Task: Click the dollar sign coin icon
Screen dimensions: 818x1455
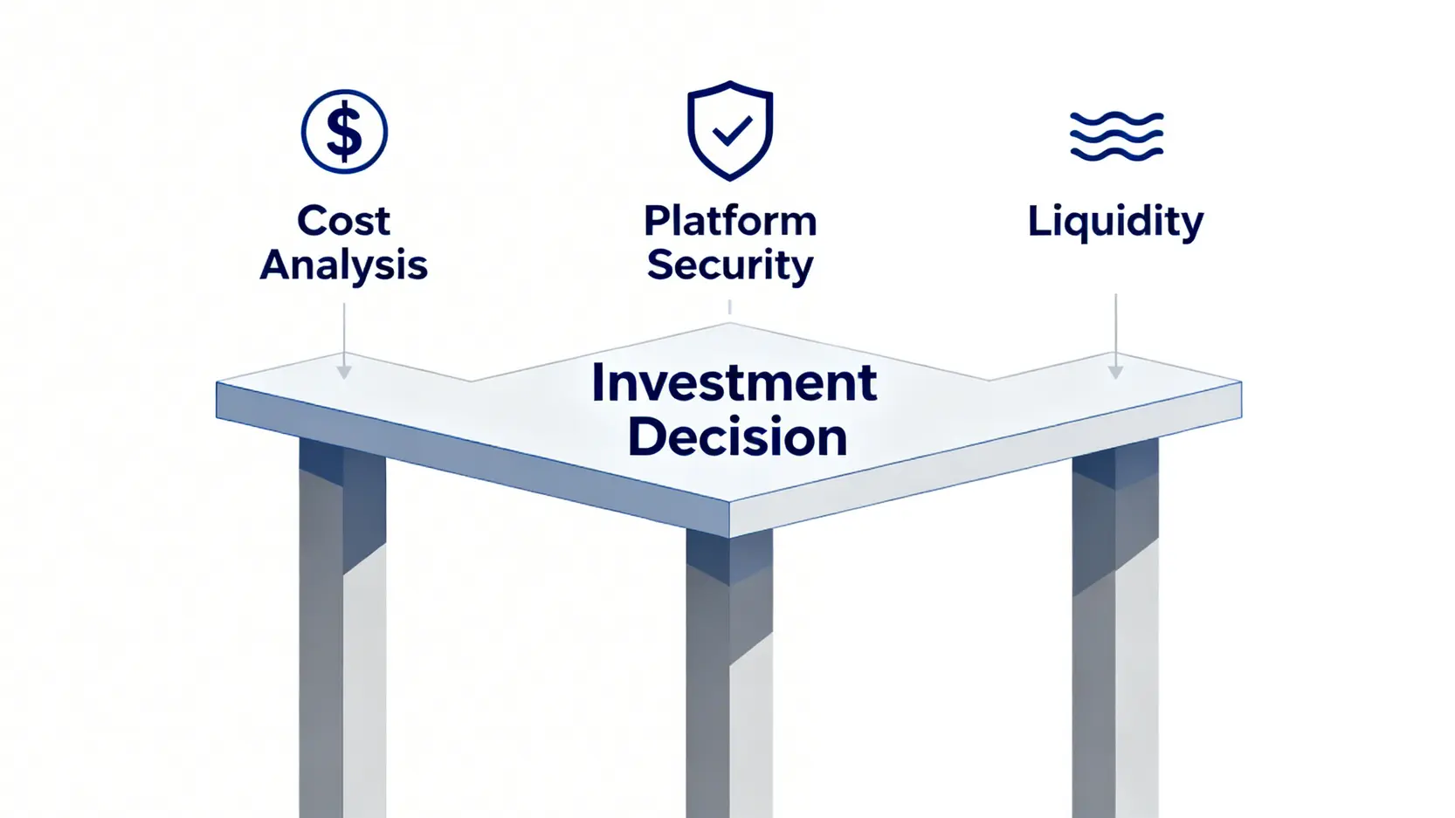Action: coord(344,132)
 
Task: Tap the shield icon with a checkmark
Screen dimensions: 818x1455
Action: coord(730,131)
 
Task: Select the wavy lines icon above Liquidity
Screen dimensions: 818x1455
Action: coord(1116,136)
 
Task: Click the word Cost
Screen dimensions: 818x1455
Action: coord(343,221)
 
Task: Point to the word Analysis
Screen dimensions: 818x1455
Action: coord(343,265)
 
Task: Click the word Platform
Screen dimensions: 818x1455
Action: coord(730,221)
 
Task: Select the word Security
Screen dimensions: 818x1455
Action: coord(730,265)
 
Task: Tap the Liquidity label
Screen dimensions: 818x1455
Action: coord(1115,222)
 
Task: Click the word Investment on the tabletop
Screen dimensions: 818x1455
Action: coord(734,382)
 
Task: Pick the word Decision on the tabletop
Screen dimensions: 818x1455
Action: coord(737,436)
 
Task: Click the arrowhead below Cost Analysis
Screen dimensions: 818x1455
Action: coord(344,372)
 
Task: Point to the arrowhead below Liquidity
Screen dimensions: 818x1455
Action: coord(1115,372)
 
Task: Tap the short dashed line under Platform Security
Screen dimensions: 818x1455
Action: coord(729,307)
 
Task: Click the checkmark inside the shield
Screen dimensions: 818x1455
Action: coord(731,132)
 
